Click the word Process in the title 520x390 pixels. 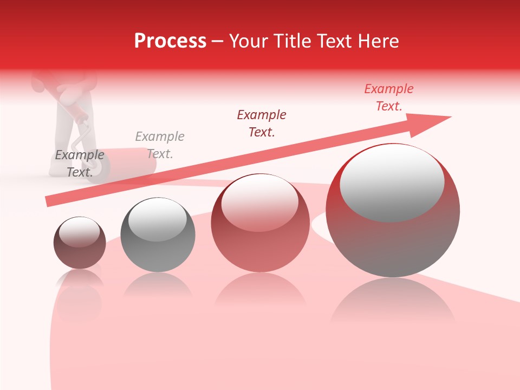click(x=170, y=41)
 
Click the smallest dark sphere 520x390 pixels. click(x=80, y=243)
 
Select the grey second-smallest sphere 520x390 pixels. click(x=158, y=235)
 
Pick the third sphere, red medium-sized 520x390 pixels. click(x=260, y=223)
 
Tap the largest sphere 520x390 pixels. click(x=393, y=210)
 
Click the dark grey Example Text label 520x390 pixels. click(x=80, y=164)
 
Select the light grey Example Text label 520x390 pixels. click(x=160, y=145)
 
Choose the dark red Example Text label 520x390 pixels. click(x=262, y=123)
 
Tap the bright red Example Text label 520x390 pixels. click(x=389, y=97)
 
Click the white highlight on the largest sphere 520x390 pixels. click(x=392, y=181)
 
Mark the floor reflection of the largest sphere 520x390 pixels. click(x=393, y=303)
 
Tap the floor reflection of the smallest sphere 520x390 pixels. click(x=80, y=295)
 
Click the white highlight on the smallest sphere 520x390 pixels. click(x=79, y=231)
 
